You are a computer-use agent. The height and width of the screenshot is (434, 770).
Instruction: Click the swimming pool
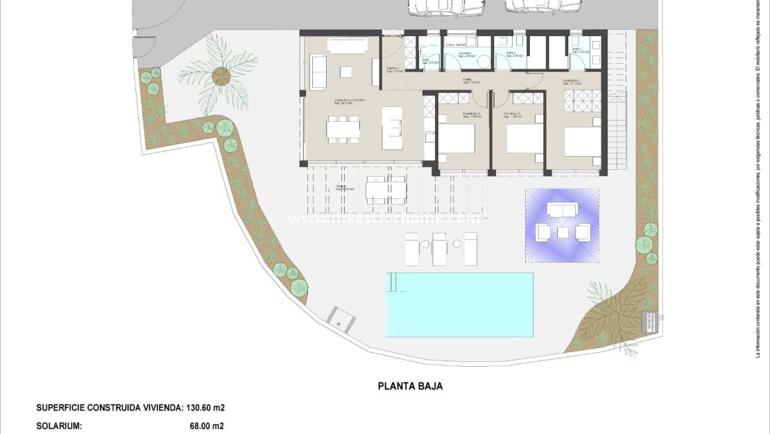(460, 304)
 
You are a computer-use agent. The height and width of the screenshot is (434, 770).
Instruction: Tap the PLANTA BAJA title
(410, 386)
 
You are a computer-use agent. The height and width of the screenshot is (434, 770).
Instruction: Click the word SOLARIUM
(59, 426)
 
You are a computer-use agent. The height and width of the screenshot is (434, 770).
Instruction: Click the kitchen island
(392, 128)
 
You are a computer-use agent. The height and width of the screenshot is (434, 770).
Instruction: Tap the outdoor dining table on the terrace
(386, 189)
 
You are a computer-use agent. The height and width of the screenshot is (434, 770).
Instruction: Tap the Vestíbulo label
(393, 69)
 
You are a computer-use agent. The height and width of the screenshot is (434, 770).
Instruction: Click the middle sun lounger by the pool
(439, 247)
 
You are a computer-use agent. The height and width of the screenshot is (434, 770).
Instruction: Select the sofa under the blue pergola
(562, 209)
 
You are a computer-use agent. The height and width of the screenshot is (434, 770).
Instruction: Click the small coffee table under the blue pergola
(563, 232)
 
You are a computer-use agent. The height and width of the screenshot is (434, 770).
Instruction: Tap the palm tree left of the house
(221, 73)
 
